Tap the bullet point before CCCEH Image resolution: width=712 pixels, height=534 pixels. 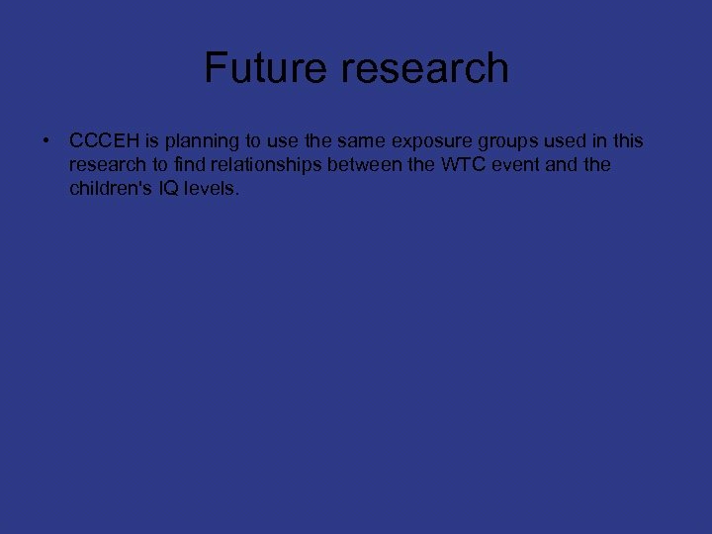click(46, 142)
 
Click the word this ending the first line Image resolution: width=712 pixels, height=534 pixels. click(626, 142)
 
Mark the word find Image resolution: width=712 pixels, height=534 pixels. click(189, 165)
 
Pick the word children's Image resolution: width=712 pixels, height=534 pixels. click(109, 188)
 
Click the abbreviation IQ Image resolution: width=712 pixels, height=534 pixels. click(165, 188)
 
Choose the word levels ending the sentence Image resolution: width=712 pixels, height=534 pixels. click(211, 188)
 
